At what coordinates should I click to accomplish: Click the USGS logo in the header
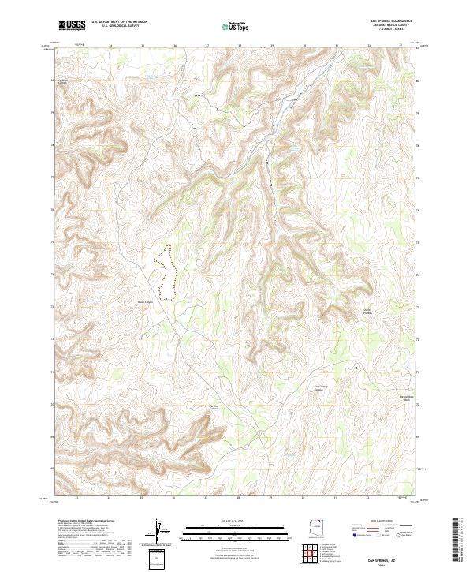[72, 25]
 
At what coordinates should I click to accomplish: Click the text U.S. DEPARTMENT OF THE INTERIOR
[119, 22]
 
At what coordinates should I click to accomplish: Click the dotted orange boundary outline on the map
[165, 272]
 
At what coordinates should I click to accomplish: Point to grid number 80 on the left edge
[53, 80]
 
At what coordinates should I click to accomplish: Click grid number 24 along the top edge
[110, 46]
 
